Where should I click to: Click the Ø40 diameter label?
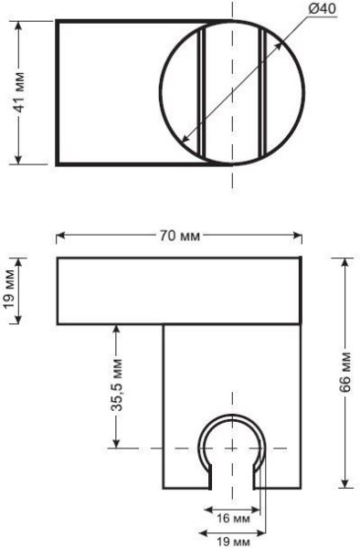(x=322, y=9)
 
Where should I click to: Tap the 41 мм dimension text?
(x=18, y=92)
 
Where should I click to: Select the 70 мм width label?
(x=180, y=236)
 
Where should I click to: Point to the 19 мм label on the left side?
(x=10, y=290)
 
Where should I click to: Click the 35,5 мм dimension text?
(x=117, y=385)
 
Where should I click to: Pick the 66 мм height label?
(x=345, y=373)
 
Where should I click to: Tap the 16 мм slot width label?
(x=233, y=518)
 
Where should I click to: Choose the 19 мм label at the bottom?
(x=233, y=542)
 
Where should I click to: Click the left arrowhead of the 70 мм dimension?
(x=60, y=236)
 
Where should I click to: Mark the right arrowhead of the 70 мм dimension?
(x=298, y=236)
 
